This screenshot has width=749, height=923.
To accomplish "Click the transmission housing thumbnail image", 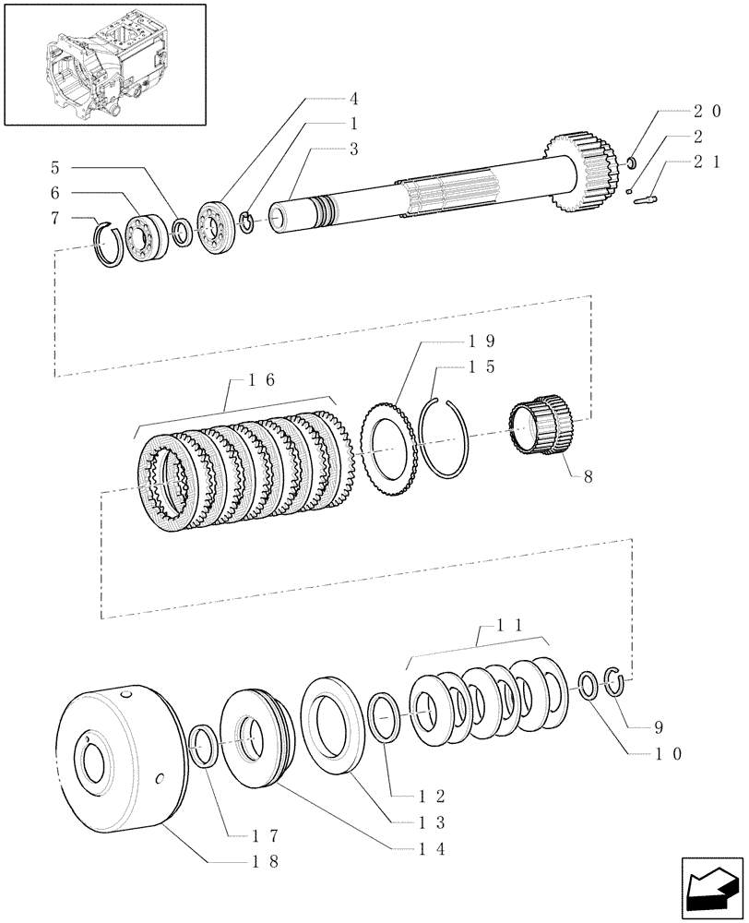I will [x=104, y=64].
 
